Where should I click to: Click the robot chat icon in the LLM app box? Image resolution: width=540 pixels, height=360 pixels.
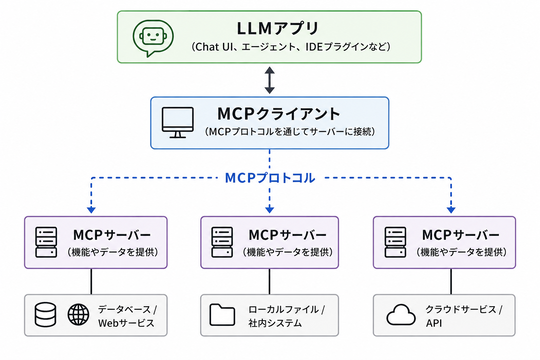pos(153,38)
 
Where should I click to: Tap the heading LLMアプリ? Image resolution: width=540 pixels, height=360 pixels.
pos(278,28)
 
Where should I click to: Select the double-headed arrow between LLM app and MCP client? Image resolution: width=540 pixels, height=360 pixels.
pos(270,80)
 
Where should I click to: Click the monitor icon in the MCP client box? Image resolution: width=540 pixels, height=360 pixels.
pos(178,123)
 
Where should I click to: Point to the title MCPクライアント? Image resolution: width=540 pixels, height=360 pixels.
pos(279,114)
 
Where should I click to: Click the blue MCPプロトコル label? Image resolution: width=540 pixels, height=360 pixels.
pos(270,178)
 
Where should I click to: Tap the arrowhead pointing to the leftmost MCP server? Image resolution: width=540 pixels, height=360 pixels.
pos(91,209)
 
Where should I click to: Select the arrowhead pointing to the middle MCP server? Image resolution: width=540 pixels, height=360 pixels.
pos(270,209)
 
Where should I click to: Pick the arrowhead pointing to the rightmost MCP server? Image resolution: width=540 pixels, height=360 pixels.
pos(451,209)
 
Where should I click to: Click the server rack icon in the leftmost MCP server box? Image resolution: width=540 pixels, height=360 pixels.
pos(46,243)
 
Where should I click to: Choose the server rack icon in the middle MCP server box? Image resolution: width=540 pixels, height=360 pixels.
pos(222,243)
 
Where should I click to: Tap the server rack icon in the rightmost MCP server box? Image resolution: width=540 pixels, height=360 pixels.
pos(395,243)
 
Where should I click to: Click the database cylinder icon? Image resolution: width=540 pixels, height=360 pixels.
pos(45,315)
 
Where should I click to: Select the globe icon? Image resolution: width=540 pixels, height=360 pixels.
pos(78,315)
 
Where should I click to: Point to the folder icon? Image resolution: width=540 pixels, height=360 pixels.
pos(222,315)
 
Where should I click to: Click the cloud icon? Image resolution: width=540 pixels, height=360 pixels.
pos(401,315)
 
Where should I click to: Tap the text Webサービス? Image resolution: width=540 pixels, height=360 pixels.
pos(126,323)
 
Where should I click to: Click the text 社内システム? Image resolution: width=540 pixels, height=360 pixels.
pos(275,323)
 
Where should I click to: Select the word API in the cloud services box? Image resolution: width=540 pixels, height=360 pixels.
pos(434,323)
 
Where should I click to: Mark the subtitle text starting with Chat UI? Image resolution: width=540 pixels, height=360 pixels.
pos(291,47)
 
